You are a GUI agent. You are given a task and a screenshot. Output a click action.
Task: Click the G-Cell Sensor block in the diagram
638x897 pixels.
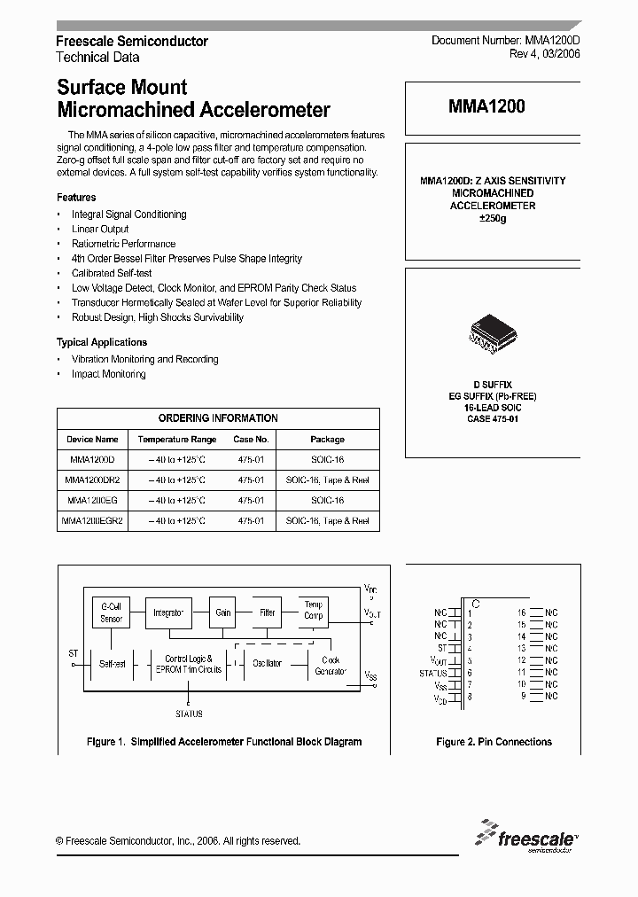(x=111, y=612)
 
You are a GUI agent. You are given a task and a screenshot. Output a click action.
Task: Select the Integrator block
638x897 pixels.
(x=168, y=612)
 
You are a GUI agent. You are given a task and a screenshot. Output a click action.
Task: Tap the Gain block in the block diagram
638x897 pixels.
(x=222, y=612)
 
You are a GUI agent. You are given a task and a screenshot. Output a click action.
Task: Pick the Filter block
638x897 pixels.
(x=267, y=612)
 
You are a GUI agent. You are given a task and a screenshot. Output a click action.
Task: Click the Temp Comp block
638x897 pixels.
(x=314, y=610)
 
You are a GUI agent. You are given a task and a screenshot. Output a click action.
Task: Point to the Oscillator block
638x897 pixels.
(x=267, y=663)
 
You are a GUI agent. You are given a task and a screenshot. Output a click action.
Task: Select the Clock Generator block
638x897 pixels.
(x=330, y=665)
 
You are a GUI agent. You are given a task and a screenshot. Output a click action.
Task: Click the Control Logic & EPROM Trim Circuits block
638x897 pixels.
(x=188, y=664)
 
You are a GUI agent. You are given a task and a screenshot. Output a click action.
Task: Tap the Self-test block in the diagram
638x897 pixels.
(x=113, y=663)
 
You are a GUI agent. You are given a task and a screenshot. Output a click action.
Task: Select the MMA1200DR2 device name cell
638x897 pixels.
(x=92, y=480)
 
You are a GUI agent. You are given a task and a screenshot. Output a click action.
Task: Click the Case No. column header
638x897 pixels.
(x=251, y=440)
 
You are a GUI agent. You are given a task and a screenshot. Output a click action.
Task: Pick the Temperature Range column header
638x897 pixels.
(x=176, y=440)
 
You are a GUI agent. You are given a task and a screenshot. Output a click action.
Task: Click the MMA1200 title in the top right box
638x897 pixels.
(x=486, y=107)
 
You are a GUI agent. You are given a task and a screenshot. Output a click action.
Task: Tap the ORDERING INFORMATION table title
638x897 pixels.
(x=218, y=418)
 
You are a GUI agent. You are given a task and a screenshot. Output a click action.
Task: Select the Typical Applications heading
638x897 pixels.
(x=102, y=342)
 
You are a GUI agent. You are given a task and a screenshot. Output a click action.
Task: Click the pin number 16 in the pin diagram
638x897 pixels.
(x=522, y=612)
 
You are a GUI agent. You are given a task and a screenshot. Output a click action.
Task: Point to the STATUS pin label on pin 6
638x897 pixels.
(x=432, y=673)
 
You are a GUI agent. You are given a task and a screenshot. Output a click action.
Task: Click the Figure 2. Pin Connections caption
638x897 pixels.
(x=494, y=742)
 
